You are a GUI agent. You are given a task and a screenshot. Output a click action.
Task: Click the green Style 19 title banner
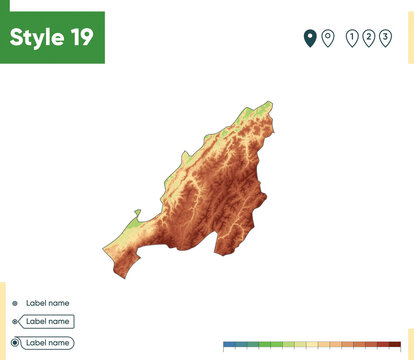coord(52,37)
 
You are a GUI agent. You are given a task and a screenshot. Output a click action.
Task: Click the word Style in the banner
coord(36,37)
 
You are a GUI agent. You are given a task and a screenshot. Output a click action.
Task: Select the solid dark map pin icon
coord(310,39)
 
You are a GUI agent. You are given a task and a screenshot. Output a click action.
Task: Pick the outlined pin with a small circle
coord(326,39)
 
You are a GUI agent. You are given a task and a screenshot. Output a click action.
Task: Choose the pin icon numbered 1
coord(351,39)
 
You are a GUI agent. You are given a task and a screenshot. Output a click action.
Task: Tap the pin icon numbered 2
coord(368,39)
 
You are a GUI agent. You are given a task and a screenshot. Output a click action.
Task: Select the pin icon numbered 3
coord(385,39)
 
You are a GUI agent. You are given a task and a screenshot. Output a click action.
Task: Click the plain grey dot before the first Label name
coord(14,302)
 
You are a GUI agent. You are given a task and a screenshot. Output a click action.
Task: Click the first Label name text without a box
coord(47,302)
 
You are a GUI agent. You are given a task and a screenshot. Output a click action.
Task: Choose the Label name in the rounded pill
coord(47,342)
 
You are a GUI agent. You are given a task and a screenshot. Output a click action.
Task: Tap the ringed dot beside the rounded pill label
coord(14,342)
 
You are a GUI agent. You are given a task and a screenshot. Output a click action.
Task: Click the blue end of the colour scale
coord(230,344)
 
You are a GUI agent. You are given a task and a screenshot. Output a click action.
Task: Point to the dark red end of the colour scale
coord(394,344)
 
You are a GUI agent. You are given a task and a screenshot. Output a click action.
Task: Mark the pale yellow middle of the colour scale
coord(312,344)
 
